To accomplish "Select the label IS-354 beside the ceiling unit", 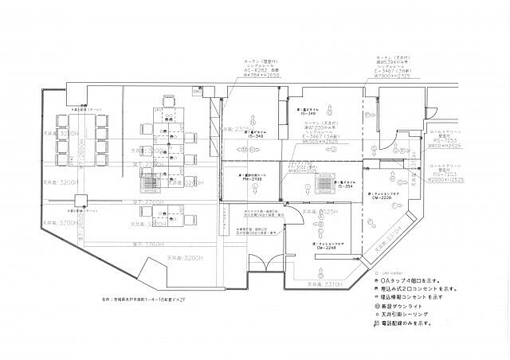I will coord(345,186).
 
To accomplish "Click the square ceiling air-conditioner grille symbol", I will coord(327,185).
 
